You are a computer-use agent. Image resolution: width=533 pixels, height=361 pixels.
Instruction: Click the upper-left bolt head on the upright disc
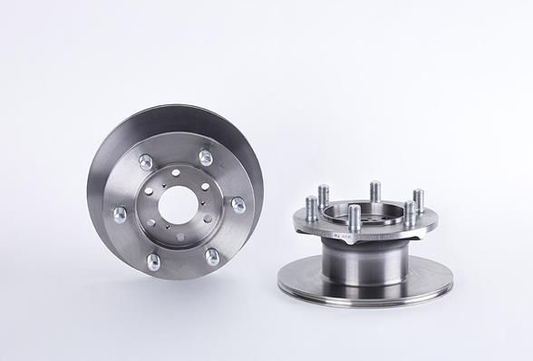tap(145, 163)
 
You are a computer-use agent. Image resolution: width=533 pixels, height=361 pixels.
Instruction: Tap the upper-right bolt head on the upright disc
tap(205, 158)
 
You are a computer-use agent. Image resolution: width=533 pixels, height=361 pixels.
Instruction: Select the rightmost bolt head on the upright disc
tap(238, 205)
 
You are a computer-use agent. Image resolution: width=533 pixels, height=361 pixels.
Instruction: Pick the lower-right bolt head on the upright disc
tap(211, 257)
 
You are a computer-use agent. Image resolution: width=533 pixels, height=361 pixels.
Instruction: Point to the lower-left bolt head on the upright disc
tap(153, 262)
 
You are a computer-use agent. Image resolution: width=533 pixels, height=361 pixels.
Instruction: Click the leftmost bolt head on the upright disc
tap(119, 215)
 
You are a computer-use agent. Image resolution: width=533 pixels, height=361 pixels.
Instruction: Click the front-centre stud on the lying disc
tap(354, 222)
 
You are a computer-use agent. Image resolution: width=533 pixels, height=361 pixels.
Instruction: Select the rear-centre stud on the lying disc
tap(374, 192)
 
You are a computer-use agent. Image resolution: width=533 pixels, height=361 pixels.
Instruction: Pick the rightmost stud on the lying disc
tap(418, 200)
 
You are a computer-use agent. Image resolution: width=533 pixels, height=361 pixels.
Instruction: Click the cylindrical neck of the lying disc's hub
tap(363, 268)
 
